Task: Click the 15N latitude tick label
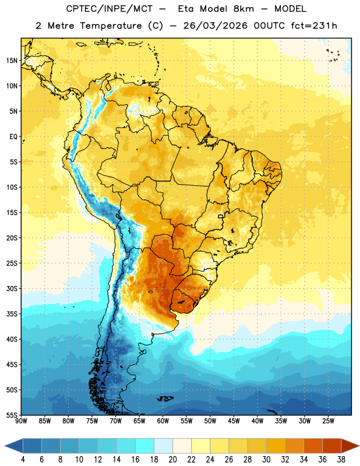click(x=12, y=61)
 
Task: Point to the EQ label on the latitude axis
click(x=13, y=137)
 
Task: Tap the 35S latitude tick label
click(x=12, y=314)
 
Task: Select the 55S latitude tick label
click(x=12, y=415)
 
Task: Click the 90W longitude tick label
click(x=22, y=421)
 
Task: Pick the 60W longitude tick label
click(x=163, y=421)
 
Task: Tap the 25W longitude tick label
click(x=328, y=421)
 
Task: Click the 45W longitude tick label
click(x=234, y=421)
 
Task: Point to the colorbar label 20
click(x=172, y=460)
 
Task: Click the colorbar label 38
click(x=341, y=460)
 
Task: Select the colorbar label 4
click(x=23, y=460)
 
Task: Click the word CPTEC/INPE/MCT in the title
click(x=110, y=9)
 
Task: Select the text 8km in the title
click(x=243, y=9)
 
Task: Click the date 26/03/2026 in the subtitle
click(x=215, y=26)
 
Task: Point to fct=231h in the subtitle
click(x=314, y=26)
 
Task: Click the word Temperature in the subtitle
click(x=111, y=26)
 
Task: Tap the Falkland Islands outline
click(x=165, y=398)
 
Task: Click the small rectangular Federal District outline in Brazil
click(x=221, y=217)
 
